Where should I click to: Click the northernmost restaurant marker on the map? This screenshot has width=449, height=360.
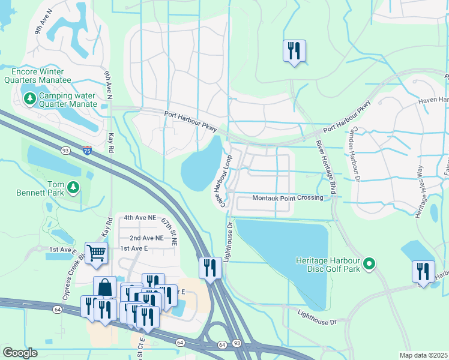click(294, 51)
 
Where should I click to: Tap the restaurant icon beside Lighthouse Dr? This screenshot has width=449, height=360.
click(210, 268)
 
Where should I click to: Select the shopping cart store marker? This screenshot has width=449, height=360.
click(96, 253)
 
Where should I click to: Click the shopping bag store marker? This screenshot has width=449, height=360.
click(104, 287)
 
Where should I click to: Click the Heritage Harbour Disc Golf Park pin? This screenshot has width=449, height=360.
click(370, 263)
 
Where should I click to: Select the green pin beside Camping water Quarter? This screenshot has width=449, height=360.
click(29, 97)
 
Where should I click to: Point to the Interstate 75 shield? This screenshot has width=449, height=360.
click(88, 151)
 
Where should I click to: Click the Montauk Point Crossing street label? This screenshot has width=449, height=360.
click(288, 197)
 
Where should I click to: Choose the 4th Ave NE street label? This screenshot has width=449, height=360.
click(140, 218)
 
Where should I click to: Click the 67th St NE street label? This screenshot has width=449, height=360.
click(169, 233)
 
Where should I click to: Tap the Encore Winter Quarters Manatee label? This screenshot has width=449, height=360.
click(38, 76)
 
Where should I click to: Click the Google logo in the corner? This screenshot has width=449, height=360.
click(20, 352)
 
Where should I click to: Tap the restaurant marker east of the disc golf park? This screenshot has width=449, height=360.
click(423, 272)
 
